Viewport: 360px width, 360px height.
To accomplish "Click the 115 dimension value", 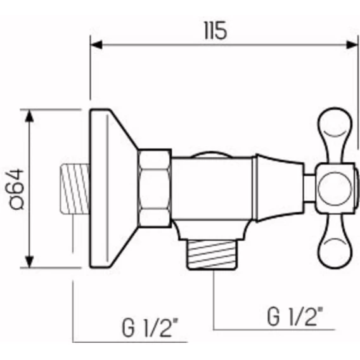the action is pyautogui.click(x=215, y=30).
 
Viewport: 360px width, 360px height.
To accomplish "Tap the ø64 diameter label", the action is pyautogui.click(x=16, y=189).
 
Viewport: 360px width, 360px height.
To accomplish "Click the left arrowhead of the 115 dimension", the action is pyautogui.click(x=96, y=44).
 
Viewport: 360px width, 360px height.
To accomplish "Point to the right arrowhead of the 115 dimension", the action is pyautogui.click(x=352, y=44).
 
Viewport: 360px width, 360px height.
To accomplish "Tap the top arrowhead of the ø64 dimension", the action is pyautogui.click(x=29, y=116).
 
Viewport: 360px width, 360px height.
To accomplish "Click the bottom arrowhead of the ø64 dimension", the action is pyautogui.click(x=29, y=262).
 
